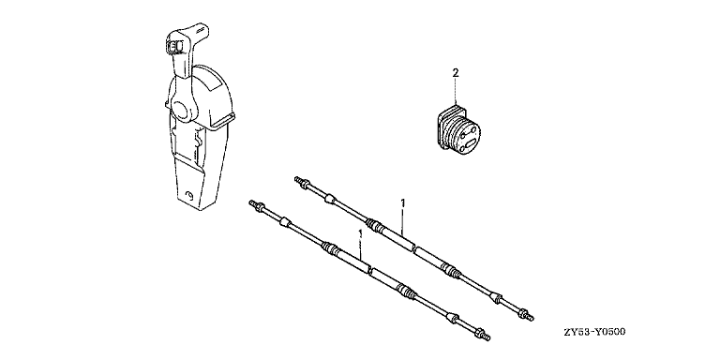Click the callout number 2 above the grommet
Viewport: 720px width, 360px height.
tap(455, 72)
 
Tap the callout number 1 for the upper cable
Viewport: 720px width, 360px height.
tap(403, 202)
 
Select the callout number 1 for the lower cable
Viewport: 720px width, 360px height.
tap(360, 233)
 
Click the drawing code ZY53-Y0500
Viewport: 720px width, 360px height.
tap(595, 332)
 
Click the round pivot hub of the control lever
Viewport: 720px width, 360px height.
tap(182, 112)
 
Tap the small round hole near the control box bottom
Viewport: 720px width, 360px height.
tap(187, 196)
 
